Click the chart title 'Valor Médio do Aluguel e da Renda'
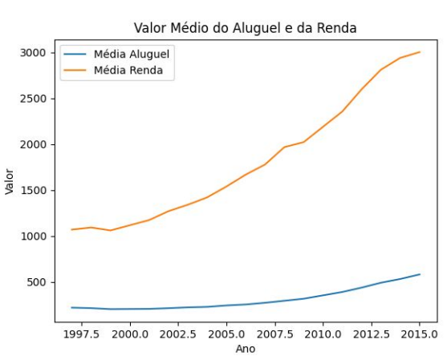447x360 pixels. pos(245,28)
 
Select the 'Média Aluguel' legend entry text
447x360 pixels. pos(132,54)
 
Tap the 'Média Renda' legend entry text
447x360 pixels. pos(128,70)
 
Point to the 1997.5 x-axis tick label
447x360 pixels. pos(82,334)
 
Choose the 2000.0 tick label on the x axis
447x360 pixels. pos(130,334)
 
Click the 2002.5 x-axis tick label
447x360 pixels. pos(178,334)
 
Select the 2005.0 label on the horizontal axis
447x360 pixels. pos(226,334)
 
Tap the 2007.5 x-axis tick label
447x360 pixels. pos(274,334)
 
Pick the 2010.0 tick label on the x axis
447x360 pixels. pos(323,334)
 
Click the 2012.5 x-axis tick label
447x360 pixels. pos(372,334)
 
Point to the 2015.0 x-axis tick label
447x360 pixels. pos(420,334)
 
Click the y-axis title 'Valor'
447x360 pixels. pos(10,182)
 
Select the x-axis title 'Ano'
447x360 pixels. pos(246,350)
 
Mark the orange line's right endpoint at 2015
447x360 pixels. pos(420,52)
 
